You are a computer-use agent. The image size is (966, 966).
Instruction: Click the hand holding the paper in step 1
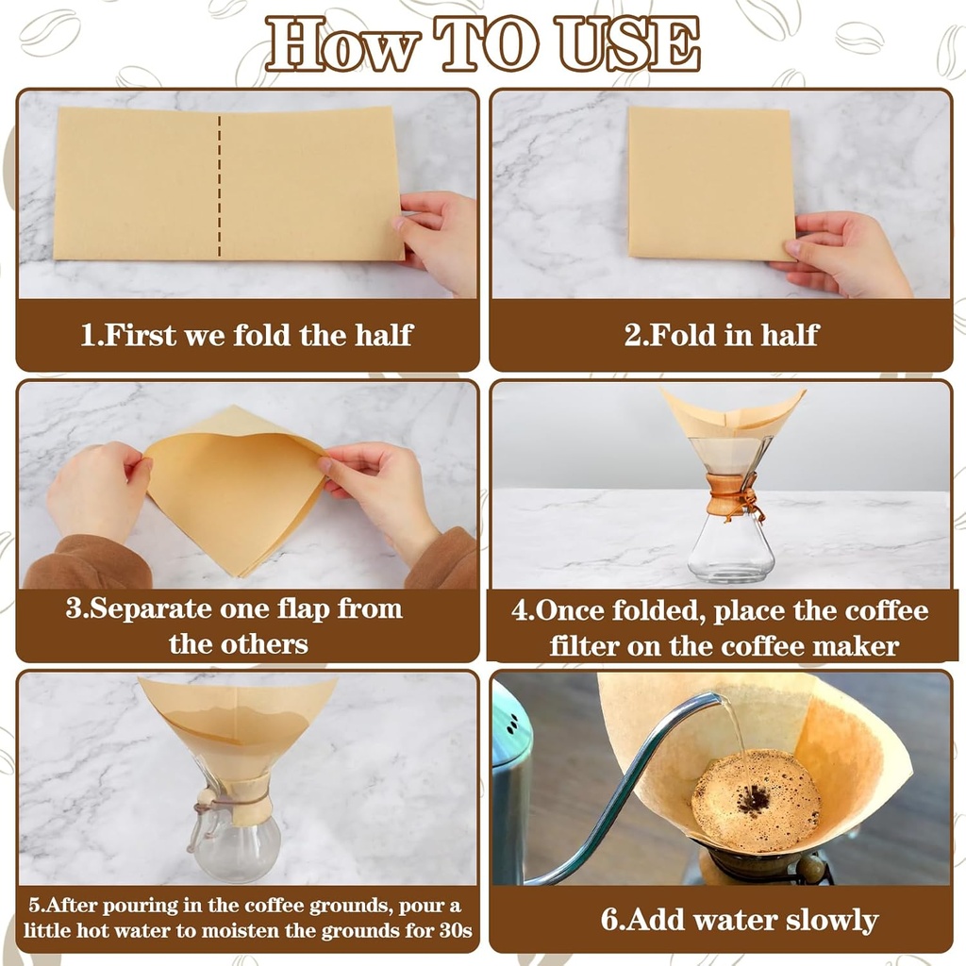click(x=439, y=236)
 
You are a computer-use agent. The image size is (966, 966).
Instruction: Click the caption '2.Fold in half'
click(x=721, y=335)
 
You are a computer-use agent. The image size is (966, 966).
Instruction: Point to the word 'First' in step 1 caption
click(x=141, y=335)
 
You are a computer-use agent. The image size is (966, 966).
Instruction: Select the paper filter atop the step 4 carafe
click(x=734, y=413)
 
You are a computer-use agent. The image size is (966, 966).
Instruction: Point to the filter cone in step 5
click(x=236, y=722)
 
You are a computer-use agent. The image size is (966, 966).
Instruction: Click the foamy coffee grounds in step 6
click(x=756, y=800)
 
